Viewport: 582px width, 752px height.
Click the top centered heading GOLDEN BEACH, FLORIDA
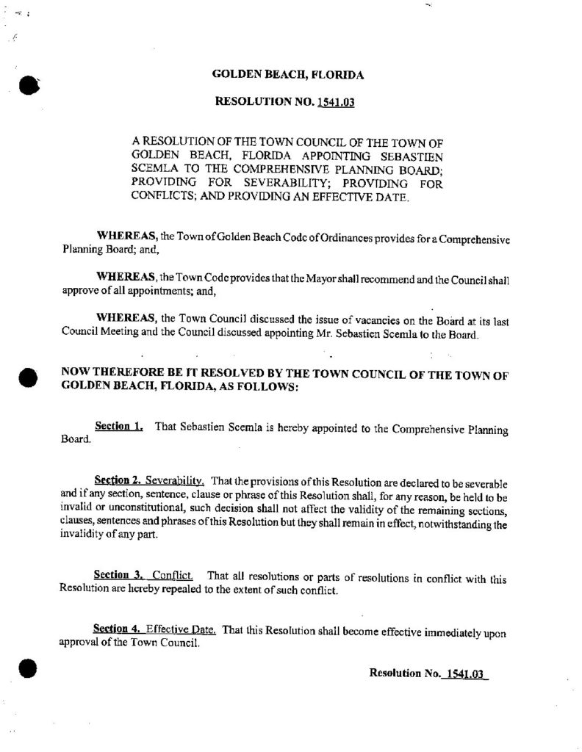pyautogui.click(x=287, y=75)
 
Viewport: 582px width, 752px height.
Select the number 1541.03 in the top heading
pyautogui.click(x=336, y=103)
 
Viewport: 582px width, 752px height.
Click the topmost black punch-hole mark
pyautogui.click(x=28, y=85)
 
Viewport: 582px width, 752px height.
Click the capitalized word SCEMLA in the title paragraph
pyautogui.click(x=153, y=169)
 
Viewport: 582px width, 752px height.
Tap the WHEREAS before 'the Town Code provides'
pyautogui.click(x=125, y=281)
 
